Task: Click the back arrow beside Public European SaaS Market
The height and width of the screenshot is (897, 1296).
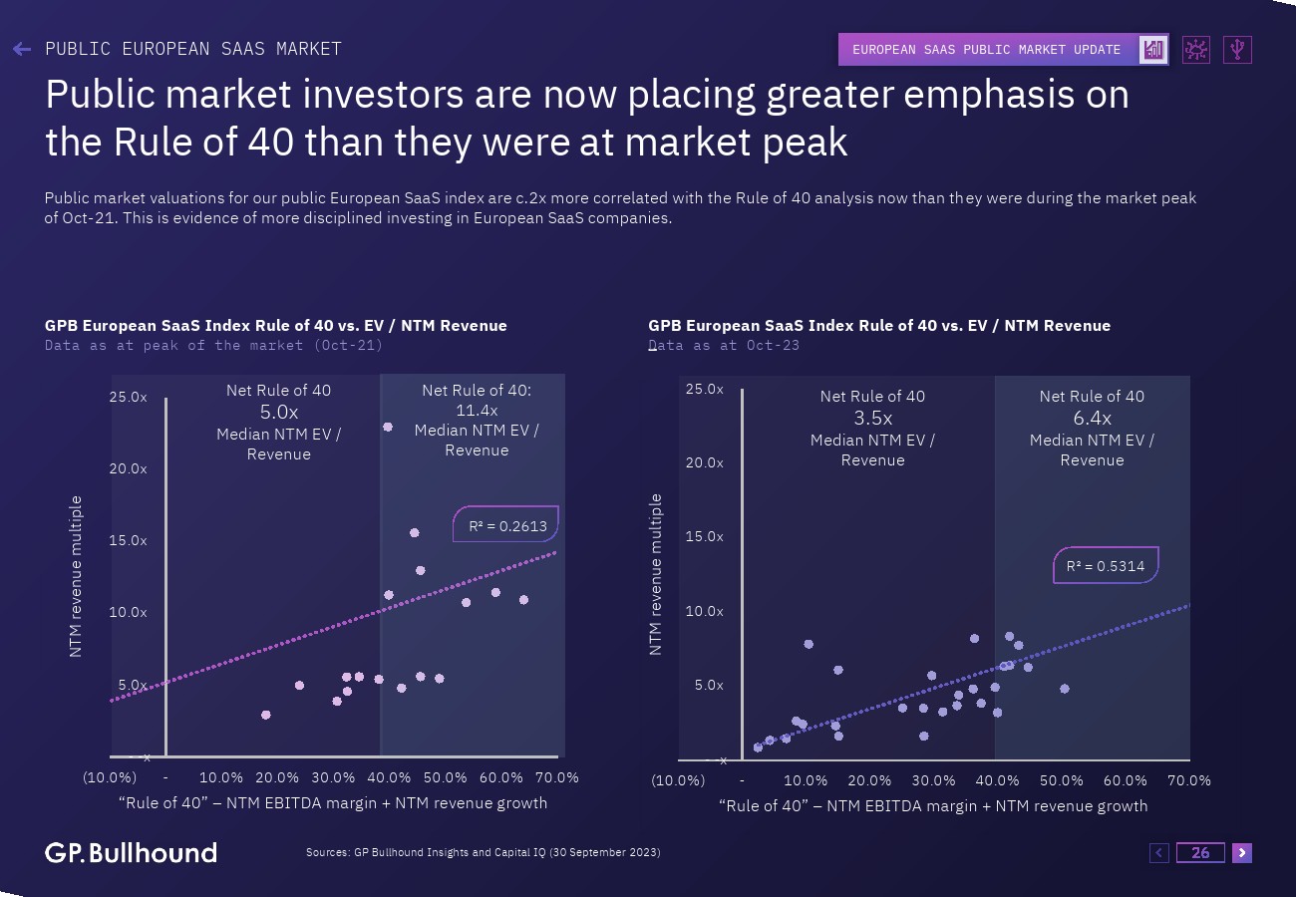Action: pos(22,49)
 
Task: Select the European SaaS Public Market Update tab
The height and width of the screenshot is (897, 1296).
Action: pos(987,50)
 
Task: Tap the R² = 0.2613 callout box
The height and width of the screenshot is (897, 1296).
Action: pos(506,525)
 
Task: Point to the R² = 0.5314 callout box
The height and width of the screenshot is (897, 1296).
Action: pos(1106,566)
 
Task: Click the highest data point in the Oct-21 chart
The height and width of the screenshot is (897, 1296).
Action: pos(388,427)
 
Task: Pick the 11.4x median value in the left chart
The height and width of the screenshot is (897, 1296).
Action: pos(477,410)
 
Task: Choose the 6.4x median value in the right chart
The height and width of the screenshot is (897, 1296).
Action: pos(1092,419)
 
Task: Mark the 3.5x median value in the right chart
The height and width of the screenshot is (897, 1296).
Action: pos(872,419)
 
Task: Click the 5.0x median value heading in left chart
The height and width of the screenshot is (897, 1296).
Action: pos(279,411)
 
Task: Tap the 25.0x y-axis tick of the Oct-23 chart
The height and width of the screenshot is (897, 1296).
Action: pos(704,389)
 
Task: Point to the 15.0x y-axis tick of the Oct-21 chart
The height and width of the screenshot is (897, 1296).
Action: pos(128,540)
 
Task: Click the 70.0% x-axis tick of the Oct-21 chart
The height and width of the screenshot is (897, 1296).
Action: pos(557,777)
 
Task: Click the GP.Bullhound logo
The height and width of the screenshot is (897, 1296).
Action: pos(131,852)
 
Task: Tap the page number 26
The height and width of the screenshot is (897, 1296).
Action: pos(1200,852)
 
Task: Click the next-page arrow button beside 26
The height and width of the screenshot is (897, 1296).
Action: pos(1241,852)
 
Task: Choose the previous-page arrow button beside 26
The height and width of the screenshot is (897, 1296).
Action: pos(1159,852)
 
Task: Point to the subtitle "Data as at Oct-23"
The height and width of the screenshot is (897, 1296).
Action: pos(724,345)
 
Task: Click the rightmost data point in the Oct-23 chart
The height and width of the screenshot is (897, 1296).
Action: pos(1064,689)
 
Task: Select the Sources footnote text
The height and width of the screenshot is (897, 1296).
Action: pos(483,852)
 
